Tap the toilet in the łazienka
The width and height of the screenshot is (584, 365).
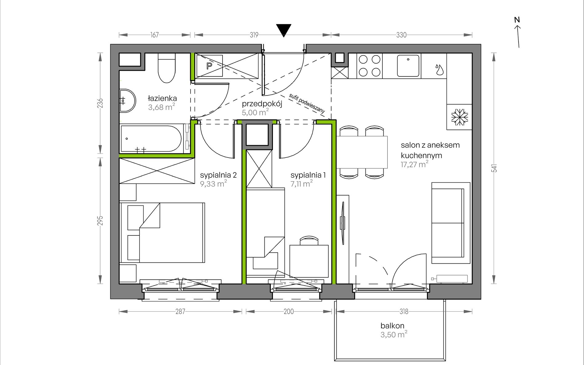[166, 68]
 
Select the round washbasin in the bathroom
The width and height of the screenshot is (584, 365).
[127, 101]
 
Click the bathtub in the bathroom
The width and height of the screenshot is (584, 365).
[151, 138]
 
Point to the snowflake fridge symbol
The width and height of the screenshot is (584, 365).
[460, 117]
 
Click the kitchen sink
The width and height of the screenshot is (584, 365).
[408, 65]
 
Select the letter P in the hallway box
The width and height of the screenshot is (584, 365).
[209, 66]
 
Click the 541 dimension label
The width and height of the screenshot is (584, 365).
[494, 168]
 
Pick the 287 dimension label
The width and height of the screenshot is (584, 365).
[180, 312]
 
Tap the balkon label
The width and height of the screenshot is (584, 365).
[392, 325]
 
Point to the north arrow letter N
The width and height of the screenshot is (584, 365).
[517, 20]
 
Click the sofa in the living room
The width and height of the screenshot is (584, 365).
[451, 223]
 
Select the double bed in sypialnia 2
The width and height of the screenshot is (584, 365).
[162, 232]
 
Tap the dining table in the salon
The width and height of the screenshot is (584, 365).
[362, 152]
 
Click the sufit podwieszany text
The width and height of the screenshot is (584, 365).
[307, 104]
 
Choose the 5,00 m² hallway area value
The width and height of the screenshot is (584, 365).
[255, 112]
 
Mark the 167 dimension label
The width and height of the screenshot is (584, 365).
[155, 35]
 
